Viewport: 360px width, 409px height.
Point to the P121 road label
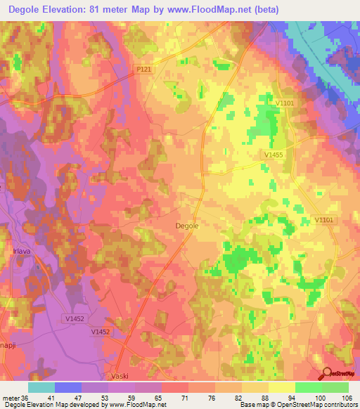[144, 70]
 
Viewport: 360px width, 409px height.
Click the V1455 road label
[275, 154]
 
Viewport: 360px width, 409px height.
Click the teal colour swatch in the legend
[41, 387]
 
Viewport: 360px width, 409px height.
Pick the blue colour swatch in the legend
[68, 387]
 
